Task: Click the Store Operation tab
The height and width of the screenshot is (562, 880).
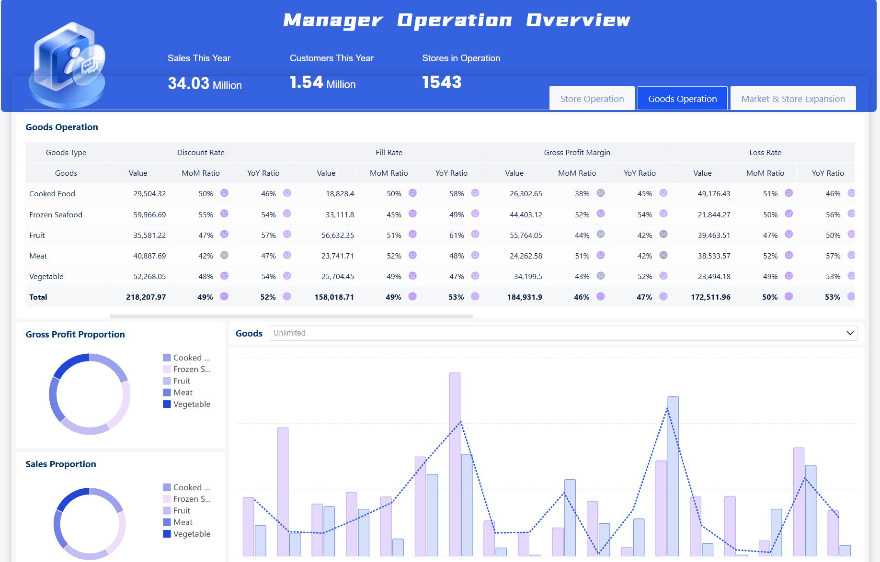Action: click(592, 99)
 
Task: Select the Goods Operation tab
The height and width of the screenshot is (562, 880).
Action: click(682, 99)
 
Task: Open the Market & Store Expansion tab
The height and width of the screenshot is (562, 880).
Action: click(793, 99)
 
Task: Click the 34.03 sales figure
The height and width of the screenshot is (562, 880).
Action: click(189, 83)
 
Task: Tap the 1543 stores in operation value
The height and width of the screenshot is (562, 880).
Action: click(442, 82)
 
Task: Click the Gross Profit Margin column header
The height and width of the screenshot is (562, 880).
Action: click(577, 152)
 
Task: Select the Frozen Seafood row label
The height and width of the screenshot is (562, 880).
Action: click(56, 214)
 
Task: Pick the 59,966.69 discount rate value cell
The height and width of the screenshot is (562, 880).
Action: click(149, 214)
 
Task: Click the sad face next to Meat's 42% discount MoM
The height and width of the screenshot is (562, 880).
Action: click(224, 255)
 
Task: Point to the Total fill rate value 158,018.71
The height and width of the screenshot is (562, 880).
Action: click(334, 297)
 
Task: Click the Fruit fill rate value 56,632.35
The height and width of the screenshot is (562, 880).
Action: click(338, 235)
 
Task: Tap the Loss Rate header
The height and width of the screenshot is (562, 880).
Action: click(765, 152)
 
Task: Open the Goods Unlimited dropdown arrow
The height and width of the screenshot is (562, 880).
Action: click(850, 333)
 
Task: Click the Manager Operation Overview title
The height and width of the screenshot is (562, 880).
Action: click(456, 20)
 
